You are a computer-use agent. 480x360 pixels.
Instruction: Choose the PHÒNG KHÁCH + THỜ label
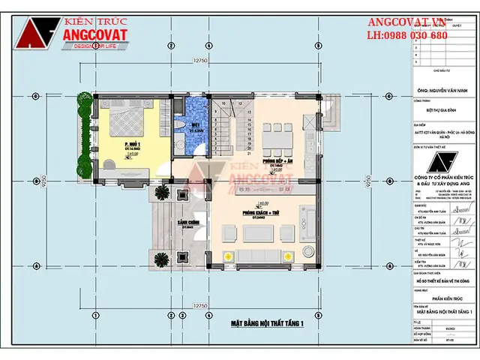(259, 214)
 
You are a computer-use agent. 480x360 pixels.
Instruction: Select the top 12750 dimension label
(199, 60)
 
